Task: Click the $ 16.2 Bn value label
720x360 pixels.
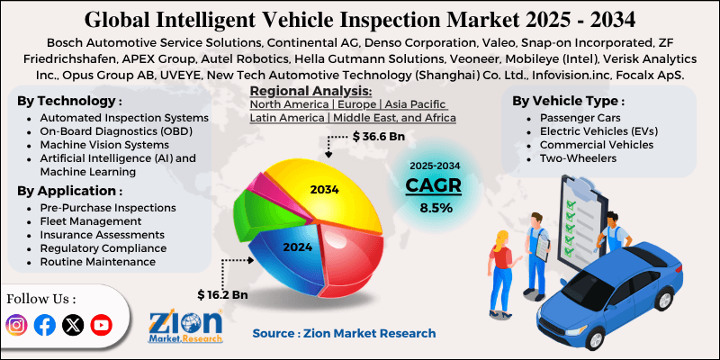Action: pyautogui.click(x=224, y=293)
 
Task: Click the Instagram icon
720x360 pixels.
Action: pyautogui.click(x=17, y=325)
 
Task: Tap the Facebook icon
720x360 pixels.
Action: pyautogui.click(x=45, y=325)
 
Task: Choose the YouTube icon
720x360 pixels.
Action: pyautogui.click(x=101, y=325)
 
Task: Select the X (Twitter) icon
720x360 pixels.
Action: pyautogui.click(x=73, y=325)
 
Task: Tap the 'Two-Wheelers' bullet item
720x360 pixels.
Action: pyautogui.click(x=577, y=158)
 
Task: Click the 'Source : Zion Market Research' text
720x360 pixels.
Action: pyautogui.click(x=344, y=333)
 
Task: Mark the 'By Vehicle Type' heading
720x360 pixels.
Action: pyautogui.click(x=567, y=101)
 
